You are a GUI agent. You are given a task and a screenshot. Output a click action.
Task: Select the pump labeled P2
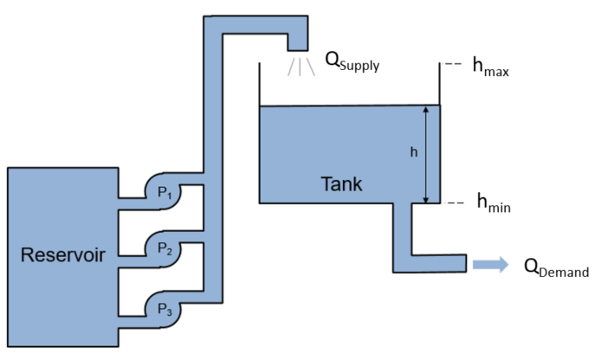point(164,248)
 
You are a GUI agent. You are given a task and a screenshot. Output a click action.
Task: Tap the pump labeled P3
point(164,308)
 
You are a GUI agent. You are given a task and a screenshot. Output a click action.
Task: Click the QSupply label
point(352,61)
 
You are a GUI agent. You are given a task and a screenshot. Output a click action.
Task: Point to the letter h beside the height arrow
point(413,152)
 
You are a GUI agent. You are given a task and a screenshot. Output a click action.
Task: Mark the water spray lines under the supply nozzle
point(300,65)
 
